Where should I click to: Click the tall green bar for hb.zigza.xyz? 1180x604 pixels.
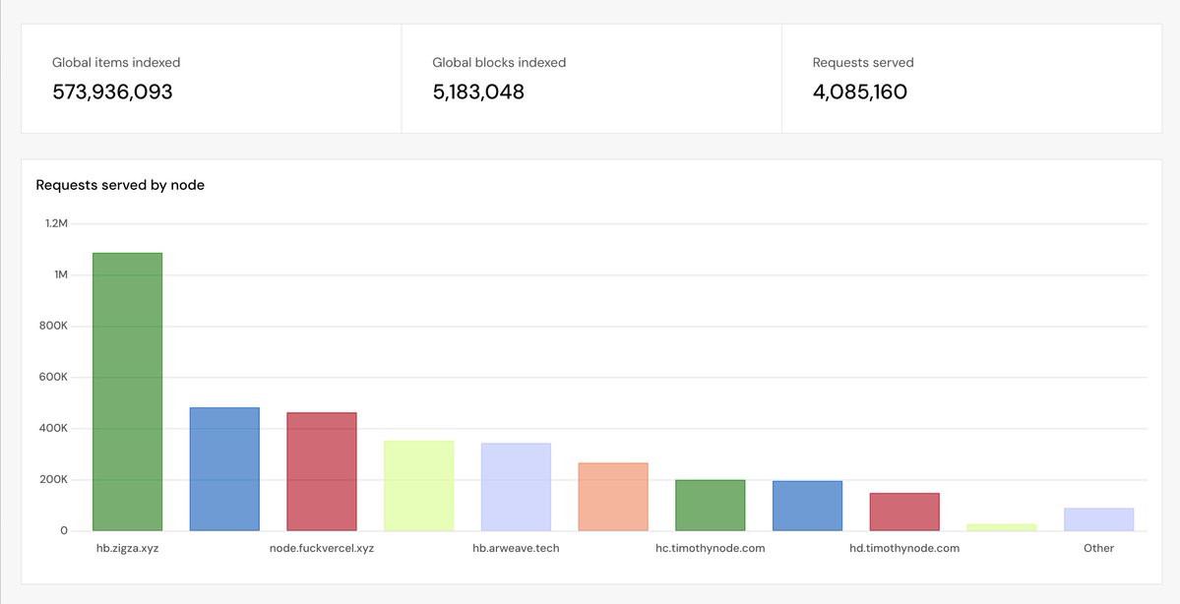pyautogui.click(x=127, y=392)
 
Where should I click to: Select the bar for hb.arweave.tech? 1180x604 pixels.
pyautogui.click(x=516, y=487)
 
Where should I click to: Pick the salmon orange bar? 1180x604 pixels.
pyautogui.click(x=612, y=497)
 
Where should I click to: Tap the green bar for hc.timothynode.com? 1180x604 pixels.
pyautogui.click(x=710, y=506)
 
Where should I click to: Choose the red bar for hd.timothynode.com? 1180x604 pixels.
pyautogui.click(x=904, y=512)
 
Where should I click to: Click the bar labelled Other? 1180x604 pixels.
pyautogui.click(x=1098, y=519)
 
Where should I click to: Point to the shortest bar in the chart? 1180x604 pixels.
pyautogui.click(x=1002, y=527)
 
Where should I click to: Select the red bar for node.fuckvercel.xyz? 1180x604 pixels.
pyautogui.click(x=322, y=471)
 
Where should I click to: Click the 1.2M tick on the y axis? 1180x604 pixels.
pyautogui.click(x=56, y=223)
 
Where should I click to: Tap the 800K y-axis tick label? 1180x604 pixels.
pyautogui.click(x=53, y=326)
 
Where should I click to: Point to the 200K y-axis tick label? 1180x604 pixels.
pyautogui.click(x=53, y=479)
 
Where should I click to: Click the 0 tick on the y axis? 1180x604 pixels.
pyautogui.click(x=64, y=530)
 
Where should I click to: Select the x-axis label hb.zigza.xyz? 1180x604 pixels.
pyautogui.click(x=127, y=548)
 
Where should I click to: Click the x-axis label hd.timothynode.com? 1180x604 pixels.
pyautogui.click(x=904, y=548)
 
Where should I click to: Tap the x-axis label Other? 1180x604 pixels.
pyautogui.click(x=1098, y=548)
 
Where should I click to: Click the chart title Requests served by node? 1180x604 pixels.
pyautogui.click(x=120, y=185)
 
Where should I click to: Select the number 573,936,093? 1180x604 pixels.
pyautogui.click(x=112, y=91)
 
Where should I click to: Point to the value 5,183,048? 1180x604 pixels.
pyautogui.click(x=478, y=91)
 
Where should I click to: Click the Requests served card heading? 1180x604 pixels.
pyautogui.click(x=863, y=62)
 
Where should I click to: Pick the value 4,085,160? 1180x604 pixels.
pyautogui.click(x=859, y=91)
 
